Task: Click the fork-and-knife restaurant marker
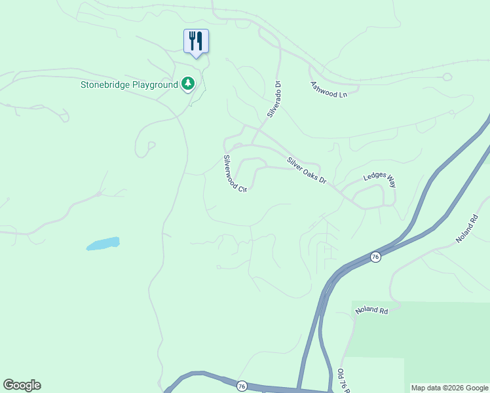(195, 41)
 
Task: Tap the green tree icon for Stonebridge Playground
(188, 83)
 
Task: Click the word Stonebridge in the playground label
(106, 84)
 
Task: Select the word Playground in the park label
(155, 84)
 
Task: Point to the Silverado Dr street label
(274, 99)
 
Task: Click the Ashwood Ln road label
(329, 90)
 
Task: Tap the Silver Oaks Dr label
(306, 170)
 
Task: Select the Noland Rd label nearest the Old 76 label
(371, 310)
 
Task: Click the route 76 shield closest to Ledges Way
(374, 256)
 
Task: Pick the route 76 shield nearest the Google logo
(242, 386)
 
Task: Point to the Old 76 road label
(341, 381)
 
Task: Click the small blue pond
(104, 244)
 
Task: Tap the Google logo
(22, 385)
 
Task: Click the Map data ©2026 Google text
(449, 388)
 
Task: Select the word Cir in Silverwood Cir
(242, 189)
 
